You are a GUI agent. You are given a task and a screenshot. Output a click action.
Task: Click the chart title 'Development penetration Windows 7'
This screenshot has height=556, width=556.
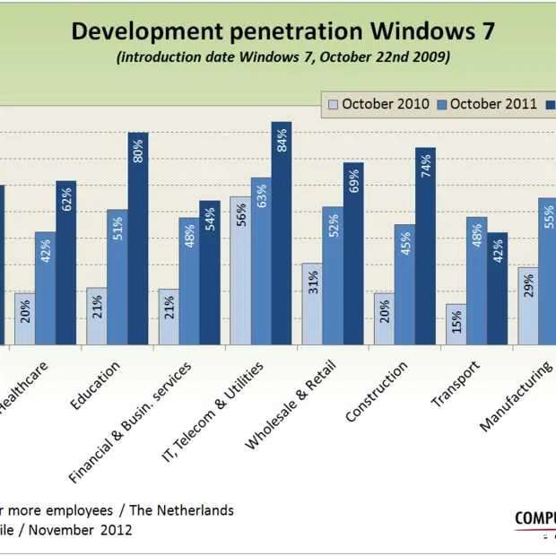click(x=282, y=32)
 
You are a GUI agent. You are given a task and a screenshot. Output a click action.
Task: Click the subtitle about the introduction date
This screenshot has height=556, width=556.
click(x=282, y=57)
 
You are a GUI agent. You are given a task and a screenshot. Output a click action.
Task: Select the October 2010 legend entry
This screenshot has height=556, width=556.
click(x=378, y=104)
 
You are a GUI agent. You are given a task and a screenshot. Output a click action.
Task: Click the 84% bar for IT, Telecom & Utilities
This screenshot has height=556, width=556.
click(x=282, y=233)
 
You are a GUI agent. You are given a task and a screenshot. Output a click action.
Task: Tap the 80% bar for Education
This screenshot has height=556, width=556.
click(x=138, y=239)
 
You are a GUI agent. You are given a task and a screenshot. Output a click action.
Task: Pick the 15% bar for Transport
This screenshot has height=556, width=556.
click(x=456, y=324)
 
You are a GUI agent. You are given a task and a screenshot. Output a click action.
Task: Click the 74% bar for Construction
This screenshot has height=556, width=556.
click(x=425, y=247)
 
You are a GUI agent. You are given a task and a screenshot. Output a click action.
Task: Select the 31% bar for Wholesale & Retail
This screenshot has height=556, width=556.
click(x=312, y=304)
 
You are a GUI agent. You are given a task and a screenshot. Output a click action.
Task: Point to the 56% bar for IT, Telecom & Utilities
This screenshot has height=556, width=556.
click(x=240, y=271)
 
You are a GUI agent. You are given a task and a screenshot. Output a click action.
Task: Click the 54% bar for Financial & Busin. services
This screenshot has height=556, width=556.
click(x=210, y=273)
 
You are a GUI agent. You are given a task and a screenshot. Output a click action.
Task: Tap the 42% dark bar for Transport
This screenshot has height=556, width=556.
click(x=497, y=288)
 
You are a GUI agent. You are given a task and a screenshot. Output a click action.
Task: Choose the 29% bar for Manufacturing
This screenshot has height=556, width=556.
click(x=528, y=306)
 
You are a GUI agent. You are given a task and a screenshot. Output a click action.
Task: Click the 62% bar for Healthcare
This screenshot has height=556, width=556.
click(x=66, y=263)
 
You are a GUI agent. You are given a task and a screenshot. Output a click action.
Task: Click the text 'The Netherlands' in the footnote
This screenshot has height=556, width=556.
click(x=182, y=510)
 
